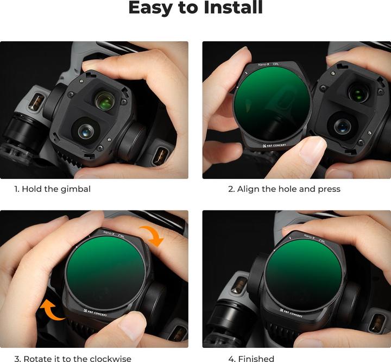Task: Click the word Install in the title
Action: coord(233,8)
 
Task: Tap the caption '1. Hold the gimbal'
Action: coord(52,189)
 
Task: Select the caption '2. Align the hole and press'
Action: coord(284,189)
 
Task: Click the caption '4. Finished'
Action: coord(251,359)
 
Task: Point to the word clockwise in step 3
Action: coord(110,359)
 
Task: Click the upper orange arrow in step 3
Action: coord(153,235)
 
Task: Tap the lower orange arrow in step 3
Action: coord(52,310)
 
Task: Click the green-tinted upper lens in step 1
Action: coord(105,100)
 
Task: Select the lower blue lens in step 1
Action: coord(86,131)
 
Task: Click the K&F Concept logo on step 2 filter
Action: coord(274,145)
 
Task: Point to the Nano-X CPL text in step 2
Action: coord(268,65)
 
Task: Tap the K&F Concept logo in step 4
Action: coord(291,313)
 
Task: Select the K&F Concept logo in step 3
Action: coord(96,313)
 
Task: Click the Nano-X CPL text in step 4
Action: coord(314,238)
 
